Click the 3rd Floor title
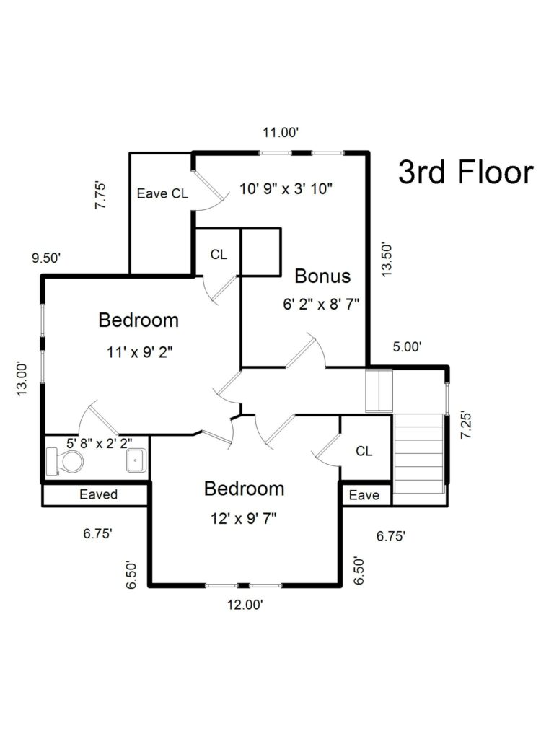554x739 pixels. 465,172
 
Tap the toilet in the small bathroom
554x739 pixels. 65,461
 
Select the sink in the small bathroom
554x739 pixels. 136,460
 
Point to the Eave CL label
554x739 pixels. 162,193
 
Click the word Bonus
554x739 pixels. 322,276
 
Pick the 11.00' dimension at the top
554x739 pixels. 281,133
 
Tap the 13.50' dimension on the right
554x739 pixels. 387,260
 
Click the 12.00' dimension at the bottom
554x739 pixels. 245,605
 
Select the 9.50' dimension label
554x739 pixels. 46,258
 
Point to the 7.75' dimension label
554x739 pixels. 100,196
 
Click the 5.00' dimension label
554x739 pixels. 407,347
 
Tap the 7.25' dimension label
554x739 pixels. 466,425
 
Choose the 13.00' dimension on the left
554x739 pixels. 22,379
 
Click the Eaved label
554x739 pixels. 98,494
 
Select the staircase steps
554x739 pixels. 419,453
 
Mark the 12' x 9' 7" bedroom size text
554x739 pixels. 244,519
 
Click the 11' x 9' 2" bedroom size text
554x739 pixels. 140,352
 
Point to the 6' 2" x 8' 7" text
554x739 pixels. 321,304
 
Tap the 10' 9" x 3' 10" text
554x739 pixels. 286,189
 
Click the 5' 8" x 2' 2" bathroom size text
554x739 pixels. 100,443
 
